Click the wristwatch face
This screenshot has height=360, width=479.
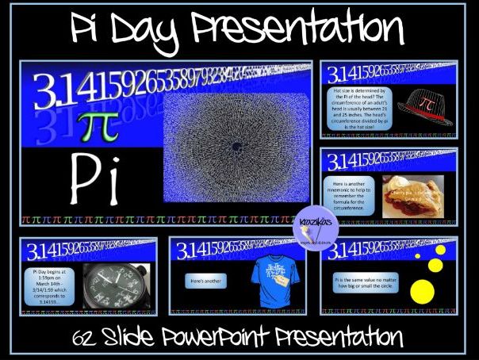(115, 284)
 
